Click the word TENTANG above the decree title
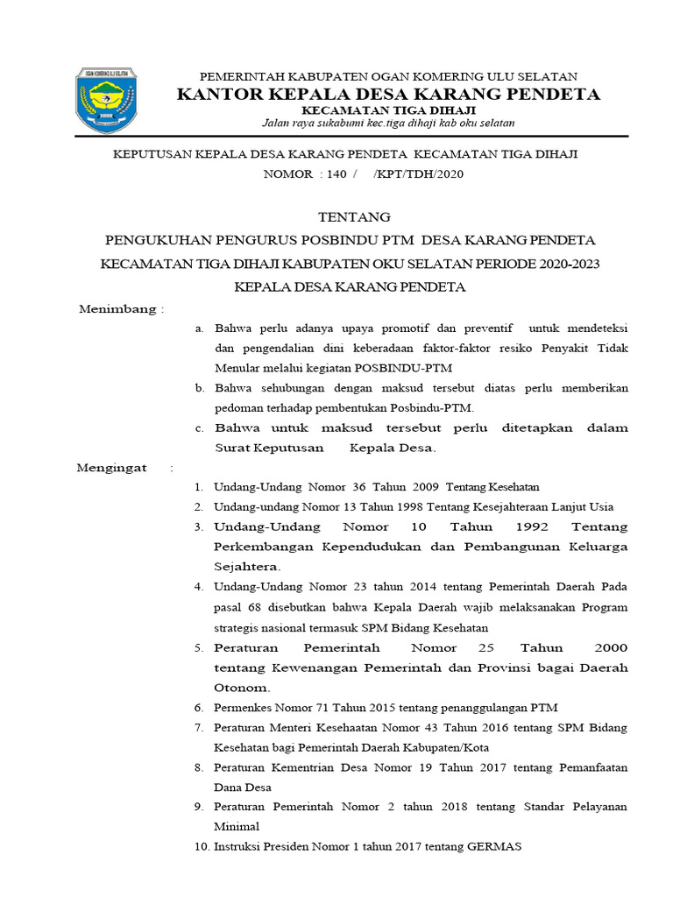click(352, 216)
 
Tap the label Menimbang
click(117, 309)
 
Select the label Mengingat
click(112, 468)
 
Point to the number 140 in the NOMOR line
click(337, 173)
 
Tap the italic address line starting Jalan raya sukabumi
click(389, 123)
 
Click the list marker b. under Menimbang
click(199, 387)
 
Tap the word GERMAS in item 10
click(496, 846)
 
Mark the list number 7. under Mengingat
click(199, 727)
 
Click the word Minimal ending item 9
click(237, 826)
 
